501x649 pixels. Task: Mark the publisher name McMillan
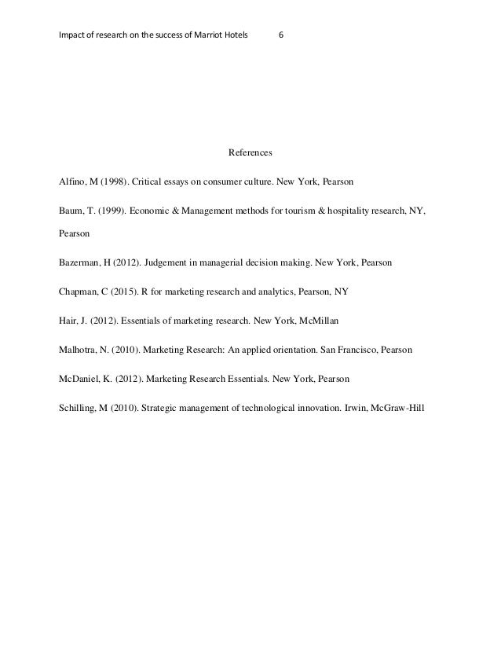point(336,321)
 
